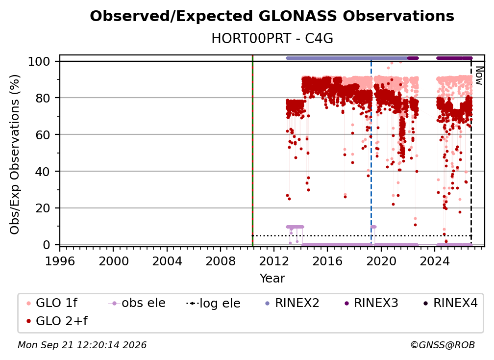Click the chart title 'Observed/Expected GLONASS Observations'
272,16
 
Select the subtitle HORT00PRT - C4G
272,39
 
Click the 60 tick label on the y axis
43,135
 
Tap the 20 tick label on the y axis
43,208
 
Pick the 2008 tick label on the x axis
221,261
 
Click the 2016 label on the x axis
327,261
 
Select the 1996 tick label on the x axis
60,261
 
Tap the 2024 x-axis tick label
434,261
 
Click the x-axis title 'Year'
272,279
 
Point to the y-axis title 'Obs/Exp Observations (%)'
15,154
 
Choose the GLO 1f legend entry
52,303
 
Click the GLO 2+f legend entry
57,321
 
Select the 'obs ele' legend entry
137,303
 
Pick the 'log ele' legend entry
213,303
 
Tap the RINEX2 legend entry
292,303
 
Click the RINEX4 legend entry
450,303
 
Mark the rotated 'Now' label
479,76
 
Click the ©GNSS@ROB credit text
443,345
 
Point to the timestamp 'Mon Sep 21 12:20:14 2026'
82,345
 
